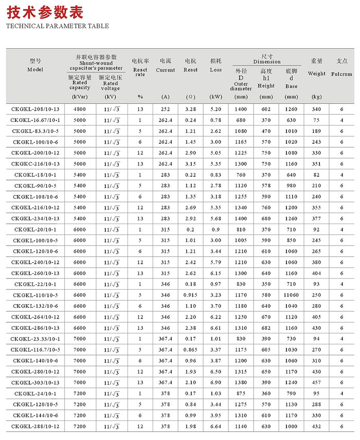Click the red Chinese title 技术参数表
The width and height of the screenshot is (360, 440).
45,13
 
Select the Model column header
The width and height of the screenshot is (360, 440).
35,65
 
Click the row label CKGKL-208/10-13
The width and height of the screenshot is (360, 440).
35,109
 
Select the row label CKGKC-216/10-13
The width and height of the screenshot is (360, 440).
35,164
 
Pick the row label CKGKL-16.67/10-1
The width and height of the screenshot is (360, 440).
35,120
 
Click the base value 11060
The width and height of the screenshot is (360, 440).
291,295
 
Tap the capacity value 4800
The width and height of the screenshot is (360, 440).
80,109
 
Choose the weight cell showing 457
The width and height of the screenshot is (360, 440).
316,382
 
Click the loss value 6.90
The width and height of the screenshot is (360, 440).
215,382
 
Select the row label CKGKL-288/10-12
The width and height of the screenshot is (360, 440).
35,426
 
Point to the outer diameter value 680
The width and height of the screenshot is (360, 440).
241,120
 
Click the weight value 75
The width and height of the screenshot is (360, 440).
316,120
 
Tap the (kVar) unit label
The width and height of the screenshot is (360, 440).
80,97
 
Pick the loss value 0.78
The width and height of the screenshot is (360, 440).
215,120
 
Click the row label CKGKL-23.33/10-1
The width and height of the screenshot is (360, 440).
35,339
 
